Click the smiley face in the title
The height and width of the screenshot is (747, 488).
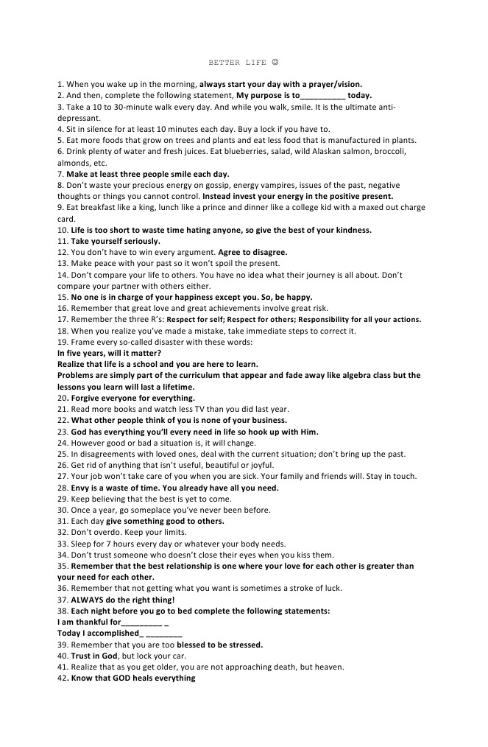click(274, 63)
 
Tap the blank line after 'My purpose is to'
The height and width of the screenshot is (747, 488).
click(322, 96)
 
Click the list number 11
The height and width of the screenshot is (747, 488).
click(62, 241)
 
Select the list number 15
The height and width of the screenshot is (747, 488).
click(62, 297)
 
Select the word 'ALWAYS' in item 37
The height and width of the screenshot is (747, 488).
click(88, 600)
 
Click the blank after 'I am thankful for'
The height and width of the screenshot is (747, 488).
click(143, 622)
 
